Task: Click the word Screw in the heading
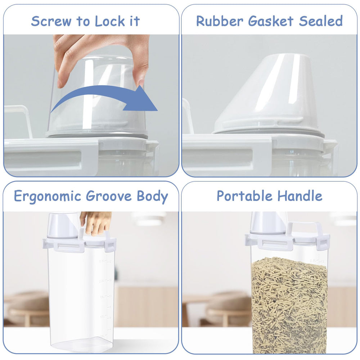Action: coord(51,21)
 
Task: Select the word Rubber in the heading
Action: coord(219,21)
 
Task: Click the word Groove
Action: coord(109,197)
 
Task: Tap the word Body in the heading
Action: coord(152,197)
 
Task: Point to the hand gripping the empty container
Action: coord(96,221)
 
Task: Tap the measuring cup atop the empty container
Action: coord(63,225)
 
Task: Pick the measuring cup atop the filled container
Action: coord(268,222)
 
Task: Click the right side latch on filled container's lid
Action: coord(323,242)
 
